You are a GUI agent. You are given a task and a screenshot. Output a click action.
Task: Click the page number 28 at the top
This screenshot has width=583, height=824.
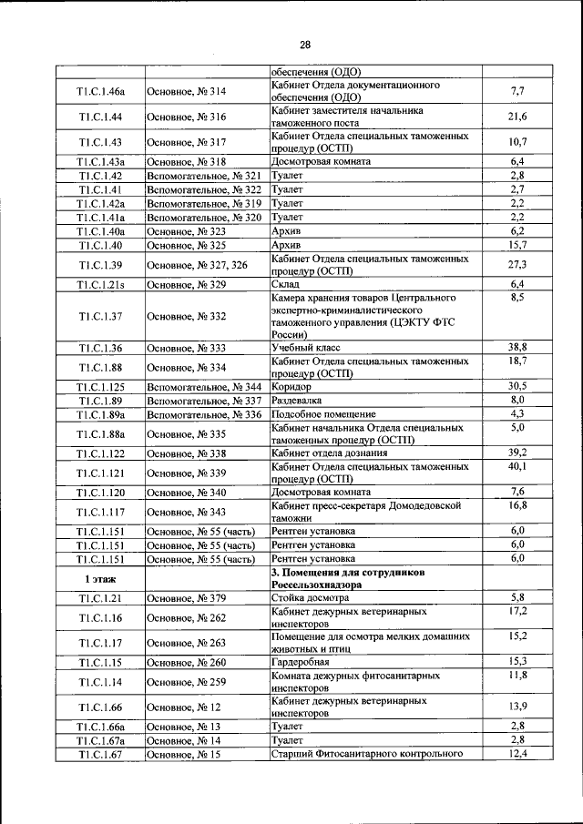(x=305, y=45)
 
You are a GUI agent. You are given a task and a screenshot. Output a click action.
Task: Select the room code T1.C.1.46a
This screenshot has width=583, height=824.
(x=100, y=92)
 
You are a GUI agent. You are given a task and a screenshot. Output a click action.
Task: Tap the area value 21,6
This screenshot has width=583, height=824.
(x=517, y=117)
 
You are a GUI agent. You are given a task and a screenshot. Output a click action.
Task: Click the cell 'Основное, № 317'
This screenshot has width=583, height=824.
(x=187, y=142)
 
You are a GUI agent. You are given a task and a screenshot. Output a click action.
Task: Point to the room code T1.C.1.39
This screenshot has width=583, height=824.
(x=100, y=265)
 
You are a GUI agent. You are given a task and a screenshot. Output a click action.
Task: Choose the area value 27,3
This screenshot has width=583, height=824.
(x=517, y=265)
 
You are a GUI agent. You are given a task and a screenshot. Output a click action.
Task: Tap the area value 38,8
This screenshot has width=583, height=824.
(x=517, y=348)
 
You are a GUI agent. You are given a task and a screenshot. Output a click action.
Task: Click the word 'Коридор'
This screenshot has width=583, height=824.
(x=291, y=387)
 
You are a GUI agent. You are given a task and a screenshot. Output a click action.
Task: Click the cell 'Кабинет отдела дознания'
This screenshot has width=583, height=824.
(x=333, y=453)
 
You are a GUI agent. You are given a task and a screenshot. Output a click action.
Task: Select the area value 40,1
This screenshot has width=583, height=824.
(x=517, y=466)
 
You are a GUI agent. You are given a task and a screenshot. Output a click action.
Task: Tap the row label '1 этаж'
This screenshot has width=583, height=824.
(x=100, y=578)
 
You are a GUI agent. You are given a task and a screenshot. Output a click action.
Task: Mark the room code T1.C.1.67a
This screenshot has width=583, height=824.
(x=100, y=741)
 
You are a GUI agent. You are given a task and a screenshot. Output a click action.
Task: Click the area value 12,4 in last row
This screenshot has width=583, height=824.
(x=517, y=754)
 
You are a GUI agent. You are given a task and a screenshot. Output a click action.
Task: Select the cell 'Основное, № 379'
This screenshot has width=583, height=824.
(x=187, y=597)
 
